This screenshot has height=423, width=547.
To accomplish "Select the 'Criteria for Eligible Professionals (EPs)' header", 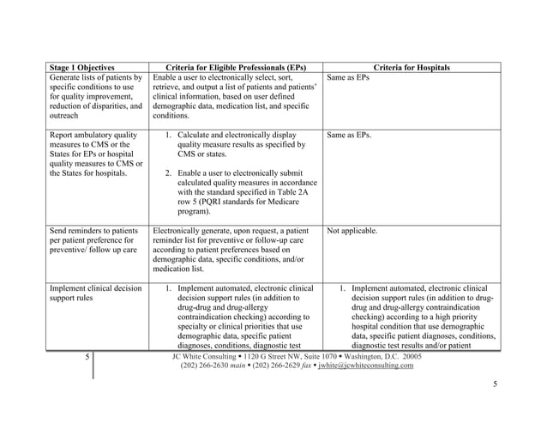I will click(x=234, y=67).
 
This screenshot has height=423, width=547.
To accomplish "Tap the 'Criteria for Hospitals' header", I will click(x=412, y=67).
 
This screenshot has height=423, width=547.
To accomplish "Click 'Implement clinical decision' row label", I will click(x=96, y=288).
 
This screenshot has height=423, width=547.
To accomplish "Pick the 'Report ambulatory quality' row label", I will click(x=93, y=135).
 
